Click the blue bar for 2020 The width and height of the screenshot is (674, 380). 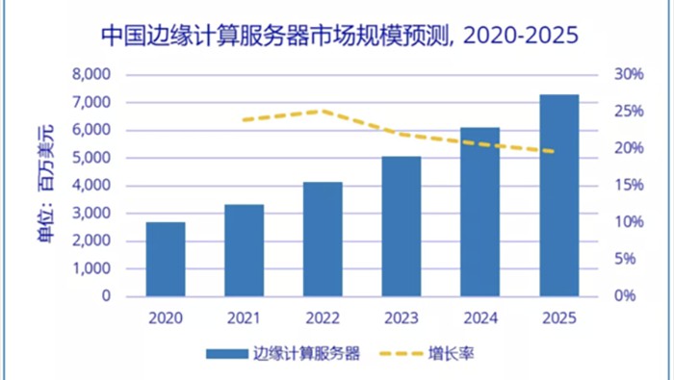(166, 259)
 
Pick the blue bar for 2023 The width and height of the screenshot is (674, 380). (402, 225)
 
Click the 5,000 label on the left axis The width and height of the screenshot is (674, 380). (92, 158)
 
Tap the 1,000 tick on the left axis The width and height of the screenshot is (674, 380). (92, 268)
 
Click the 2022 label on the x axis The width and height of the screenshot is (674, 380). (323, 316)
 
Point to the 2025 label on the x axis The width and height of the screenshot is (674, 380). (558, 316)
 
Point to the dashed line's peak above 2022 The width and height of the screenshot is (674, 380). (323, 111)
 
